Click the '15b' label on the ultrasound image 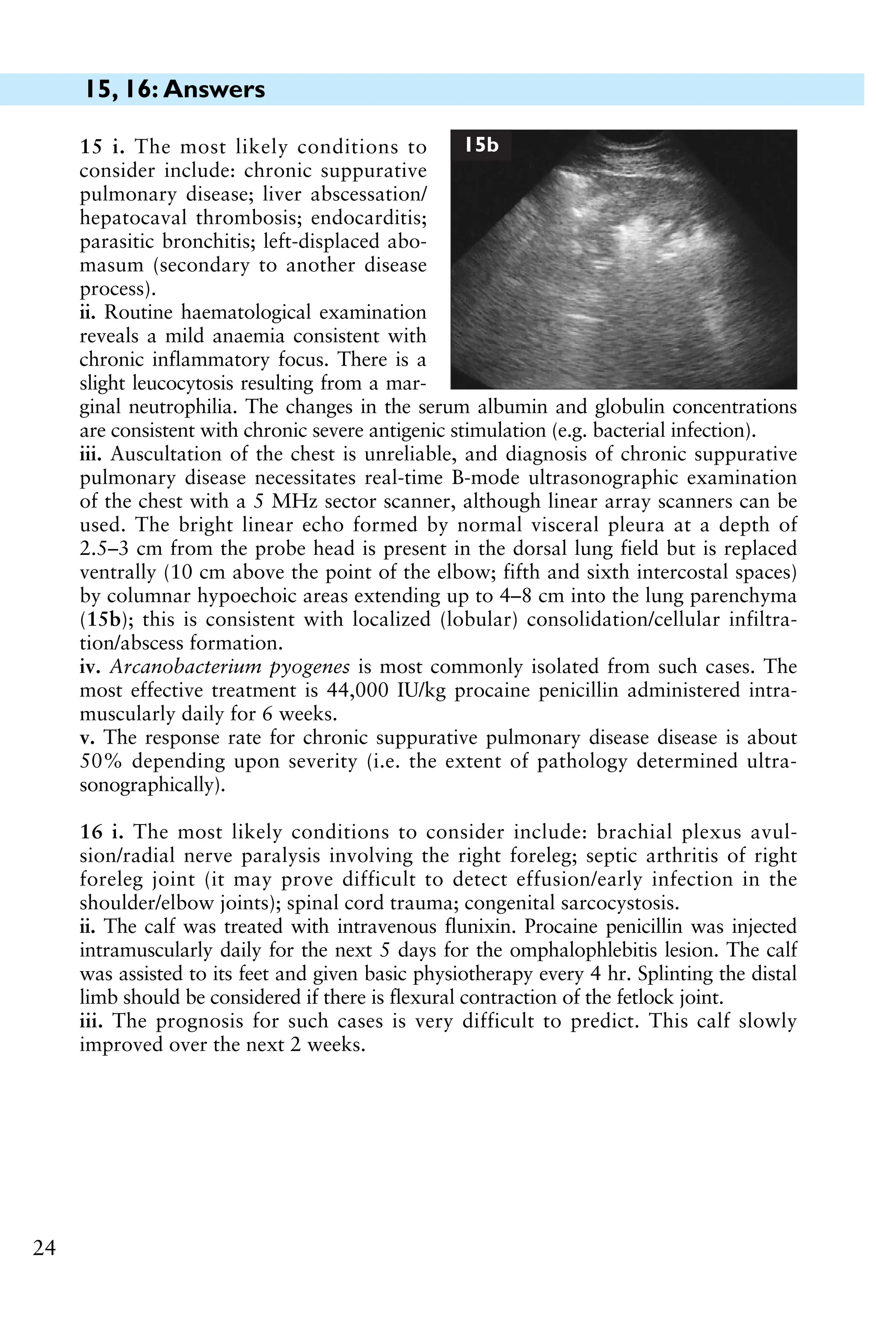pos(481,145)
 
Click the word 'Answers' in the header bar pos(215,89)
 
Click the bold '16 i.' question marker pos(101,832)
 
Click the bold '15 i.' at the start pos(101,147)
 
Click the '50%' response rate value pos(99,762)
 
